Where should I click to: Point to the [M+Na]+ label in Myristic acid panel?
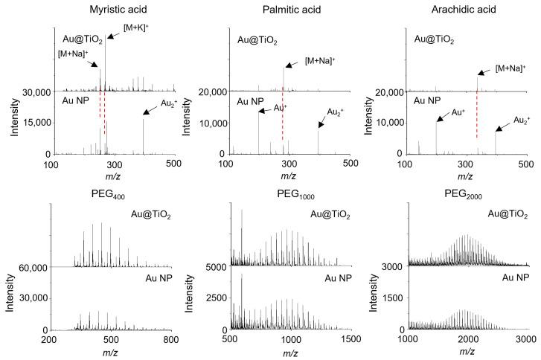[74, 54]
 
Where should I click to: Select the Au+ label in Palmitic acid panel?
[281, 108]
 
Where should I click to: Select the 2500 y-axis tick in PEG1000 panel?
[212, 298]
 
